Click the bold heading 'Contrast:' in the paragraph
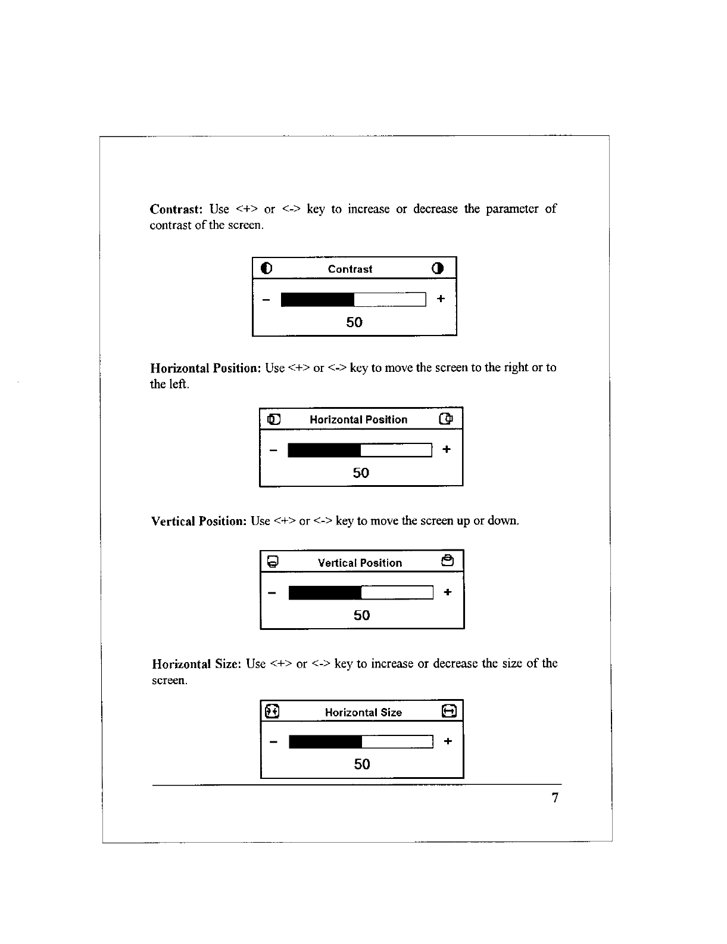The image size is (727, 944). (x=177, y=209)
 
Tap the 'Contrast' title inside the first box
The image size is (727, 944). (x=350, y=269)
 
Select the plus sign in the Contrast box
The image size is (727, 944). (x=441, y=299)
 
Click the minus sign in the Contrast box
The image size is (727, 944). (x=266, y=299)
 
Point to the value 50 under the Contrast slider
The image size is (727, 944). (x=354, y=322)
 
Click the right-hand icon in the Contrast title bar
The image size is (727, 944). (x=438, y=268)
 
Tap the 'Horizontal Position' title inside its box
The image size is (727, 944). (x=358, y=420)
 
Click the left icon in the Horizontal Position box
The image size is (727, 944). (x=273, y=419)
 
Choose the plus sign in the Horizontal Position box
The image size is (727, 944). (x=447, y=449)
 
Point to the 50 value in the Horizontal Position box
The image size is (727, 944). (x=361, y=473)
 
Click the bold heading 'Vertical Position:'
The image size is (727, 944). (x=199, y=521)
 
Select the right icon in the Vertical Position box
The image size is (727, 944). (x=448, y=561)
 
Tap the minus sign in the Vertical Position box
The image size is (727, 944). (x=273, y=593)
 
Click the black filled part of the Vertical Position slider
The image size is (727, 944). (x=325, y=592)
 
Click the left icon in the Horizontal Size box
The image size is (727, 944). (x=273, y=711)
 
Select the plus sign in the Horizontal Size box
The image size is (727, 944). (x=448, y=741)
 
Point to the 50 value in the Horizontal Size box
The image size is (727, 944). (x=362, y=765)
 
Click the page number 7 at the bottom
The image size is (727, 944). (x=555, y=798)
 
